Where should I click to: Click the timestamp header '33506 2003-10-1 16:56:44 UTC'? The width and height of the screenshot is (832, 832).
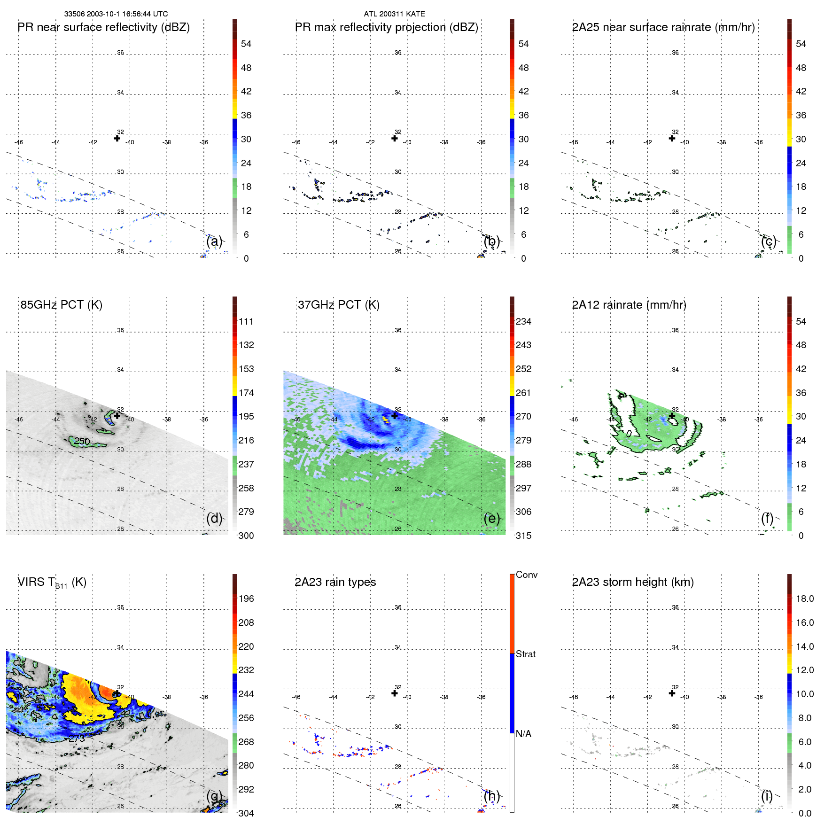point(116,14)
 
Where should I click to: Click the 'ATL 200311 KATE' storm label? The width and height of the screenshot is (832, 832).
point(394,14)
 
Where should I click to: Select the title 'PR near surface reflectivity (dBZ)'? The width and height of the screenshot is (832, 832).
point(103,27)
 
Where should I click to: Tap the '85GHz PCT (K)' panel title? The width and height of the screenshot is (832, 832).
point(61,305)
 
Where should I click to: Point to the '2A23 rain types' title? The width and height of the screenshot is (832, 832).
point(335,582)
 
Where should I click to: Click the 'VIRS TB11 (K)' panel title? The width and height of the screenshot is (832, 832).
point(52,583)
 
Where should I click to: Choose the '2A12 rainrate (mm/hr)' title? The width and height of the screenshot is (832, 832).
point(629,305)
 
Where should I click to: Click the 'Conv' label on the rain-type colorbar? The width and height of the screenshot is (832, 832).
point(526,575)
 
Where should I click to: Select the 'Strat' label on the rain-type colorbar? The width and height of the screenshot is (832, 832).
point(525,654)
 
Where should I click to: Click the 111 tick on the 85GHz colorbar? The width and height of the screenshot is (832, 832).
point(246,321)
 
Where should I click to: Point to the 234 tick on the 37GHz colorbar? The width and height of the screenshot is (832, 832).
point(523,321)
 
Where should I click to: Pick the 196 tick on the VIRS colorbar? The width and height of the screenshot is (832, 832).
point(246,599)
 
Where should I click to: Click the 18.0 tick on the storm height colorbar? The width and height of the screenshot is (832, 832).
point(804,599)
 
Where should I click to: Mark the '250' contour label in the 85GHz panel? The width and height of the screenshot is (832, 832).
point(82,441)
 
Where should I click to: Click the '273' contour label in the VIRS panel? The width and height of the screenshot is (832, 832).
point(77,739)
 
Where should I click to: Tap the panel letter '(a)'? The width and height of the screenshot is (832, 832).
point(214,241)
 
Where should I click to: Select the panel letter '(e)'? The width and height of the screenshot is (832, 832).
point(491,518)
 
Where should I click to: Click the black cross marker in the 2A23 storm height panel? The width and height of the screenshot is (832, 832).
point(672,693)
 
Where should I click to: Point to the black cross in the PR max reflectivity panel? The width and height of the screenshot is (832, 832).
point(395,139)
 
